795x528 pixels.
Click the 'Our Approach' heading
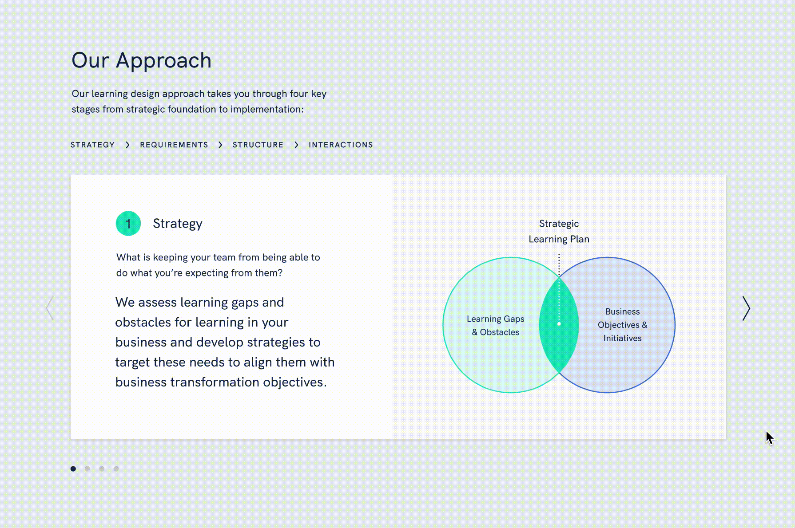tap(141, 60)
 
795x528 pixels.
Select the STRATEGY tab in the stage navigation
tap(93, 145)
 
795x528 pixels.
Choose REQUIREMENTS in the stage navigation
tap(174, 145)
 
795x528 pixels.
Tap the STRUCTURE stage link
tap(258, 145)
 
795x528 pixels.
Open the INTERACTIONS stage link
tap(341, 145)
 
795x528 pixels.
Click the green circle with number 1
tap(128, 224)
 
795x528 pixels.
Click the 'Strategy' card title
tap(178, 224)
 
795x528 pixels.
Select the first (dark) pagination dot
tap(73, 469)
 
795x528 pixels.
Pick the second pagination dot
tap(87, 469)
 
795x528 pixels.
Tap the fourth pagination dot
tap(116, 469)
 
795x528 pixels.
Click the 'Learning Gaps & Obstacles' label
tap(496, 325)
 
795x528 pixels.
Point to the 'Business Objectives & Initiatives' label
tap(622, 325)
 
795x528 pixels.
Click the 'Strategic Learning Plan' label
tap(559, 231)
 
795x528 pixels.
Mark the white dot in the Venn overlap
tap(559, 324)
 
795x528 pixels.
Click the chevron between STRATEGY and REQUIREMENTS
tap(127, 145)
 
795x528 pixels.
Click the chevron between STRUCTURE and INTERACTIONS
tap(296, 145)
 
